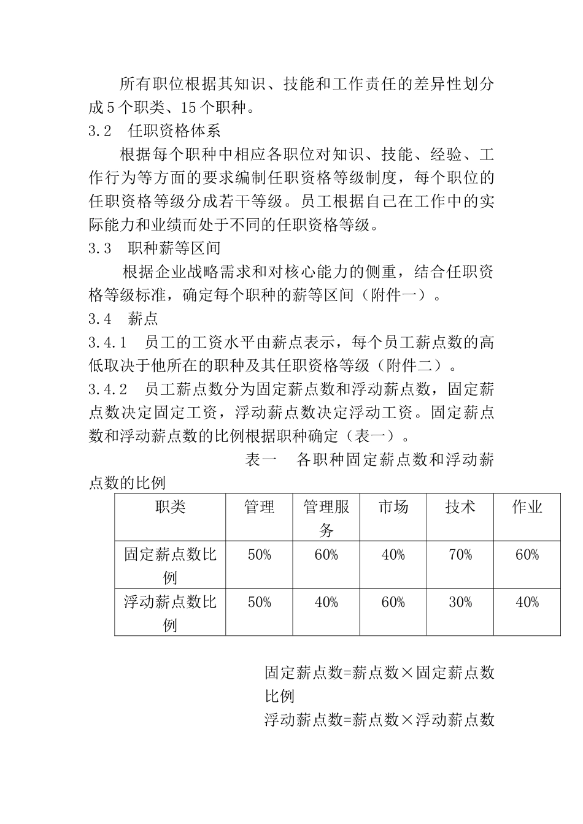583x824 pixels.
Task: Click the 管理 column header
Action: [x=259, y=507]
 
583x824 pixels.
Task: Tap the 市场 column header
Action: [x=393, y=507]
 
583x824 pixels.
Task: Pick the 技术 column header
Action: [x=460, y=507]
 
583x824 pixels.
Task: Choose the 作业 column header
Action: [x=527, y=507]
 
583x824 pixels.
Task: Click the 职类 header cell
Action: [x=170, y=507]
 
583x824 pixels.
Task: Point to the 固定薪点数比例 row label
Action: [x=170, y=565]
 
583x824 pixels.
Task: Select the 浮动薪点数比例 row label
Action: [x=170, y=612]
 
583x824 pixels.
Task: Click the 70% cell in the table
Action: [x=460, y=555]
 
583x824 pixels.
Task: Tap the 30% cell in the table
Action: [x=460, y=602]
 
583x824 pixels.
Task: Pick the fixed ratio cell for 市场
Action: [x=393, y=555]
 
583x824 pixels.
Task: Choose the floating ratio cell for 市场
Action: [x=393, y=602]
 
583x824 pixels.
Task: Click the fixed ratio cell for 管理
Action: [x=259, y=555]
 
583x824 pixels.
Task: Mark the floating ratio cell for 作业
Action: [x=527, y=602]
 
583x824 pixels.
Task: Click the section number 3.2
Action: [x=100, y=131]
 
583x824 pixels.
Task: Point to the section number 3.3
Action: [x=100, y=248]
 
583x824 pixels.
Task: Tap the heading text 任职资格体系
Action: [x=174, y=131]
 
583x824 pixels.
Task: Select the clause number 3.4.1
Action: [x=107, y=342]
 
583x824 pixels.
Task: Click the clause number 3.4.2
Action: [x=107, y=389]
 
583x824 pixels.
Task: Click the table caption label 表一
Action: [x=261, y=460]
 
